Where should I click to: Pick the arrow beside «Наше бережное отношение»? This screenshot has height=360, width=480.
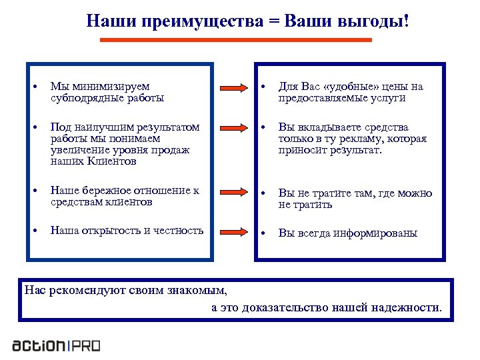233,191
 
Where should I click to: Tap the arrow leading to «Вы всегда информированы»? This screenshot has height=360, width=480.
233,231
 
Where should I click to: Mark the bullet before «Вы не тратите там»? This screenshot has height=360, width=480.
263,194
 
